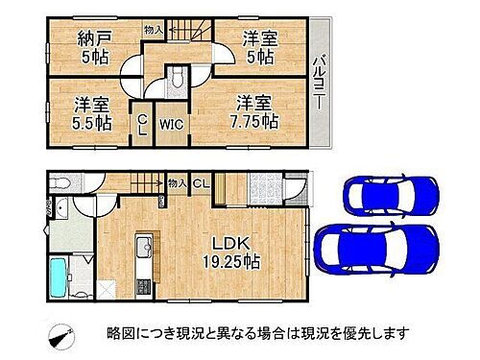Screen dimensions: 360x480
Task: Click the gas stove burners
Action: point(146,285)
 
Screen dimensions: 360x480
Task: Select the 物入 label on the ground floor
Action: point(175,182)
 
